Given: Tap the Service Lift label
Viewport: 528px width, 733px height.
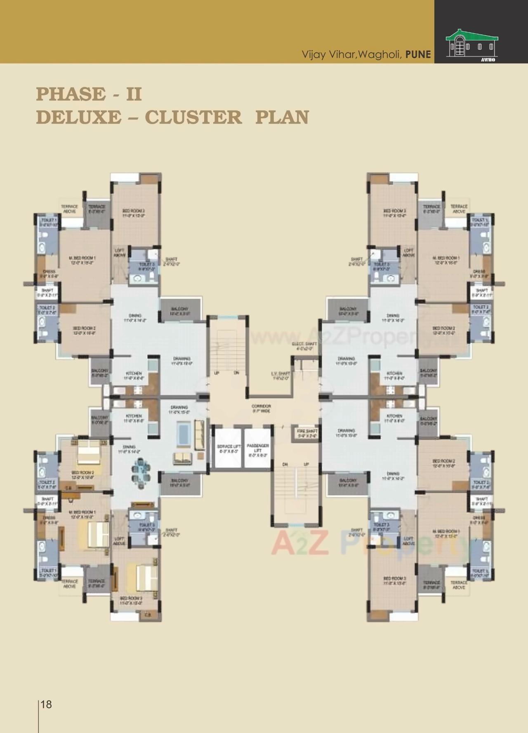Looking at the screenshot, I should click(229, 449).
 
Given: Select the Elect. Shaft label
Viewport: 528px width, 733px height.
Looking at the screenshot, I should click(304, 346).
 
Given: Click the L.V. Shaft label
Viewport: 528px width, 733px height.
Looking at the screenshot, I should click(280, 376).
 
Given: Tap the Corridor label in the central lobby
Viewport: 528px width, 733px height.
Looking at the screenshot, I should click(261, 408).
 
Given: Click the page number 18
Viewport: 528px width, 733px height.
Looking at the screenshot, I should click(46, 704).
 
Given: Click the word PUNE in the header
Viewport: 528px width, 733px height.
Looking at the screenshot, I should click(418, 54).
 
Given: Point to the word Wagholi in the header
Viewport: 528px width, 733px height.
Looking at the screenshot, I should click(379, 54).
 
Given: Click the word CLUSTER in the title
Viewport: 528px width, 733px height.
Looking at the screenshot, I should click(193, 117).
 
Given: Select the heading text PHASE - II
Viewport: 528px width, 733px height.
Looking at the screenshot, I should click(89, 94).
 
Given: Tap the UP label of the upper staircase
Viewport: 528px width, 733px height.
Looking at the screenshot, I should click(216, 373).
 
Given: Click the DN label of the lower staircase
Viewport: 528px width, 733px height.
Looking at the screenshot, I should click(285, 465).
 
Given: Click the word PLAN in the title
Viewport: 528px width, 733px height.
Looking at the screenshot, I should click(282, 117).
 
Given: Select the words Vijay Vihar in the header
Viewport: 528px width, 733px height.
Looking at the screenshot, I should click(328, 54).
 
